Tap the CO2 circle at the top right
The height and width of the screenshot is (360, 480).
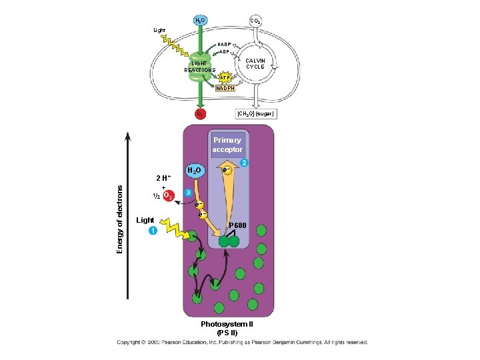click(x=255, y=21)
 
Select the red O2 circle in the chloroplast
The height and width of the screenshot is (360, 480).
click(x=199, y=114)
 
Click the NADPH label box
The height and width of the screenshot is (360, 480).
click(x=225, y=88)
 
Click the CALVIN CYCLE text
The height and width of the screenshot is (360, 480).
click(x=255, y=63)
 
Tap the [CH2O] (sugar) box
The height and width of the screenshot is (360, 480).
click(x=256, y=114)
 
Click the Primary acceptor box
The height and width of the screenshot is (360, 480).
click(x=227, y=145)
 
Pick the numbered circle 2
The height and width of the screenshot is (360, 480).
click(x=245, y=163)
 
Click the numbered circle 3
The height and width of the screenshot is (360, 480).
click(x=189, y=192)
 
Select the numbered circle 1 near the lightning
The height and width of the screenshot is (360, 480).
click(x=153, y=231)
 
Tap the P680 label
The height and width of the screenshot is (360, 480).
click(x=238, y=227)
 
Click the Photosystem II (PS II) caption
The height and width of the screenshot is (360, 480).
click(x=227, y=328)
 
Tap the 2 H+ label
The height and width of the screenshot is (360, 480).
click(x=163, y=178)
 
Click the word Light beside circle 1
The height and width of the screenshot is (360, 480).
click(x=145, y=220)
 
